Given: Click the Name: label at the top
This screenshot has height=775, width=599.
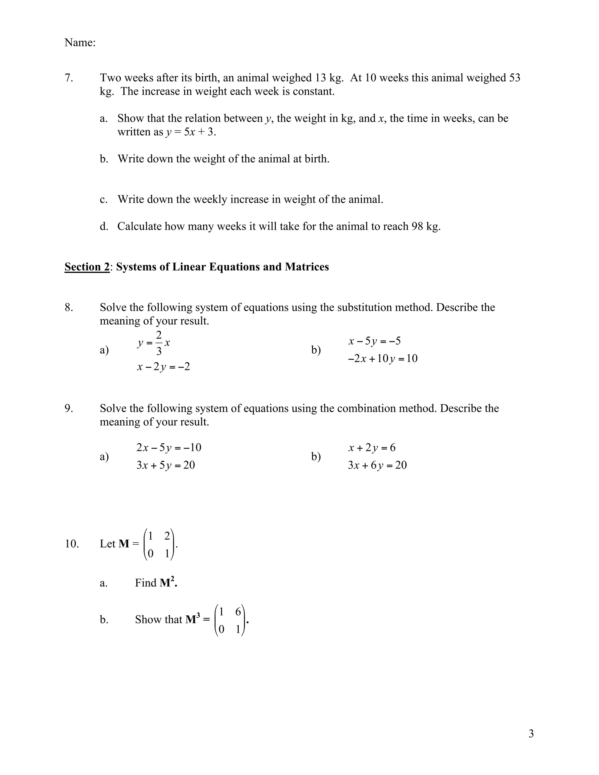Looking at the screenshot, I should coord(80,43).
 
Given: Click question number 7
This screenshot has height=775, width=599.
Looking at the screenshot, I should coord(68,78).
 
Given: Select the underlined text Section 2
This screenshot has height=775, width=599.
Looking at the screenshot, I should coord(87,266).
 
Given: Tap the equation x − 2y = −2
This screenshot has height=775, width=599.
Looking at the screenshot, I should coord(163,366).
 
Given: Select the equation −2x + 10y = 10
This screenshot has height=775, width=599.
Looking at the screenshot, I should coord(383,359).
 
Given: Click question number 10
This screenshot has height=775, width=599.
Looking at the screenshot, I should coord(71,544).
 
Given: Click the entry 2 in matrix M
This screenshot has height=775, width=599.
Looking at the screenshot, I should coord(167,536).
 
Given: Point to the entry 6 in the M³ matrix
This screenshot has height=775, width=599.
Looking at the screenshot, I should coord(238,612).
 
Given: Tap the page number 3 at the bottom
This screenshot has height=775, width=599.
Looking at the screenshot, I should coord(531,734).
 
